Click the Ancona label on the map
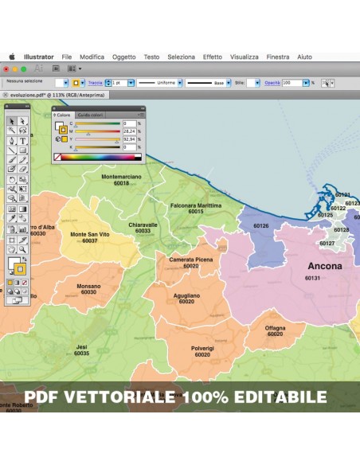coord(324,266)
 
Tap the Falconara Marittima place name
coord(195,205)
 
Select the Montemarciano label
coord(121,176)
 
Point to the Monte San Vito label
coord(89,234)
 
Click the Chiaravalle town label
coord(143,225)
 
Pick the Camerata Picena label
coord(190,260)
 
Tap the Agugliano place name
coord(186,295)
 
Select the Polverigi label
coord(202,348)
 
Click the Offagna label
coord(275,327)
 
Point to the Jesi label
coord(81,346)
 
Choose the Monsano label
coord(88,286)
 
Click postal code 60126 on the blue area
coord(260,225)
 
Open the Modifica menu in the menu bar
coord(92,57)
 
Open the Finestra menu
coord(278,57)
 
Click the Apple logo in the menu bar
coord(12,57)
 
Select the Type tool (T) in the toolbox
coord(23,140)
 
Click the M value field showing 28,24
coord(129,131)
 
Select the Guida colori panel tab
coord(90,115)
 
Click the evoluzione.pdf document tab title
coord(28,95)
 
